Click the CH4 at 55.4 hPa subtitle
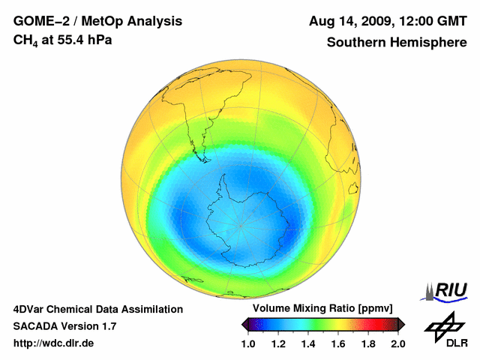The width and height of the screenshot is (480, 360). click(63, 40)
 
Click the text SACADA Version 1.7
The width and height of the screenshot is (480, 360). click(64, 326)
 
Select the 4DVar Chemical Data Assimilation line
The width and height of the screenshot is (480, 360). click(97, 309)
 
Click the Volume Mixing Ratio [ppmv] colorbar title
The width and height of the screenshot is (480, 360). click(322, 308)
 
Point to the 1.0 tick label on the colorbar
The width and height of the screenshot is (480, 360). click(248, 343)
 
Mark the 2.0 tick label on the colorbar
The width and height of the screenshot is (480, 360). click(398, 343)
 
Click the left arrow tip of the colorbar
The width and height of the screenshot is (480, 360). click(244, 324)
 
